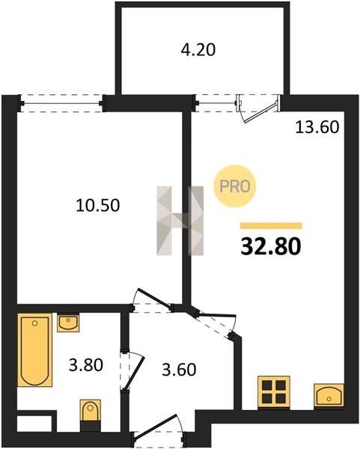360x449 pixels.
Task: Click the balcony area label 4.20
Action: point(198,50)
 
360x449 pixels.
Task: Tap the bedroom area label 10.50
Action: point(97,205)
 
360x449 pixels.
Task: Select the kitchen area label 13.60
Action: point(317,127)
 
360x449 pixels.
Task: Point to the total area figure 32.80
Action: point(271,246)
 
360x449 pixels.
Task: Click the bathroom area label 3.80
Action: point(86,365)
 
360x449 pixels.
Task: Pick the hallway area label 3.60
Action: point(179,369)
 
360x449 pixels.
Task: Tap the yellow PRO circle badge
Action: point(234,186)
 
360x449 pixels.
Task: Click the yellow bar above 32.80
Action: point(271,226)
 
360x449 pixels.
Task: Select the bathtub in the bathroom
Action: point(35,350)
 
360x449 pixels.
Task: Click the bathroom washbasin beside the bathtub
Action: point(68,323)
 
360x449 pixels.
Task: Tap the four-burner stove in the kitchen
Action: point(274,392)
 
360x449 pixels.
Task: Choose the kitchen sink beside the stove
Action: point(329,395)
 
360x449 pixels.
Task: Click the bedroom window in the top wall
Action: point(61,103)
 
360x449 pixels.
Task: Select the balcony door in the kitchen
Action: point(257,109)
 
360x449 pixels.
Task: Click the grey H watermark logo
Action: point(180,221)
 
